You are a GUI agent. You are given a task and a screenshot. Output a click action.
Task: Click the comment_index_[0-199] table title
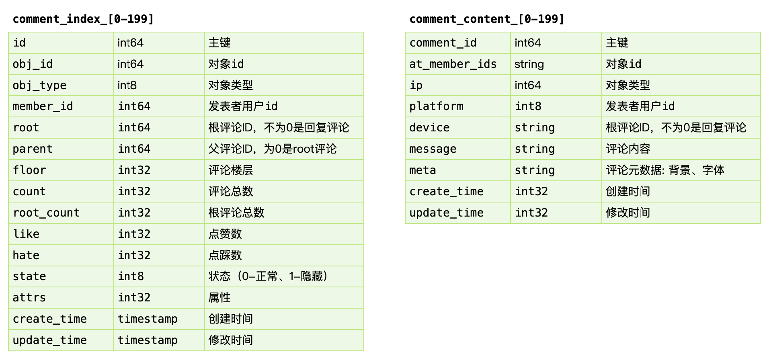[x=83, y=19]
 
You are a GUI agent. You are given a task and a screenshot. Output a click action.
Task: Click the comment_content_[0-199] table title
[x=487, y=19]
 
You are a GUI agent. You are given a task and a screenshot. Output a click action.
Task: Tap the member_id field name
[x=43, y=106]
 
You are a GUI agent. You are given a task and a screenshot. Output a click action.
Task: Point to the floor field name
[x=29, y=170]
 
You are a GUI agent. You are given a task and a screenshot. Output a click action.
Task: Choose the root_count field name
[x=46, y=213]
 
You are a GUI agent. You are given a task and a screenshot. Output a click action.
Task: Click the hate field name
[x=26, y=255]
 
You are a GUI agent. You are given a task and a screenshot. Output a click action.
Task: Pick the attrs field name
[x=29, y=298]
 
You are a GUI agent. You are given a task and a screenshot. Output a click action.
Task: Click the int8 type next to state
[x=131, y=276]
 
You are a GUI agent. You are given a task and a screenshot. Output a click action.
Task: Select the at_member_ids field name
[x=453, y=64]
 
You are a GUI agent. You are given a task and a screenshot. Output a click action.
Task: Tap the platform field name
[x=436, y=106]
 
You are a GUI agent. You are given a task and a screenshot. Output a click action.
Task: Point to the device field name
[x=429, y=128]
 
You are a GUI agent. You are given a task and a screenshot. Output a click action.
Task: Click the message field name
[x=433, y=149]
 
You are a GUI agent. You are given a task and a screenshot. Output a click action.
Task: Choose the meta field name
[x=423, y=170]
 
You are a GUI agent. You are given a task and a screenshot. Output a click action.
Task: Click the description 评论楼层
[x=231, y=170]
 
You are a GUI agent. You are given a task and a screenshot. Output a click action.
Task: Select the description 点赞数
[x=225, y=234]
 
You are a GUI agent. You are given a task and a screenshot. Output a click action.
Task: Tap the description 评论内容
[x=628, y=149]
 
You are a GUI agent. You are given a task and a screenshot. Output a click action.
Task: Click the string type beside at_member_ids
[x=529, y=64]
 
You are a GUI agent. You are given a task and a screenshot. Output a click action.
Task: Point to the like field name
[x=26, y=234]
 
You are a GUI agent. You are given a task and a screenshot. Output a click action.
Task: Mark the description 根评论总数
[x=236, y=213]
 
